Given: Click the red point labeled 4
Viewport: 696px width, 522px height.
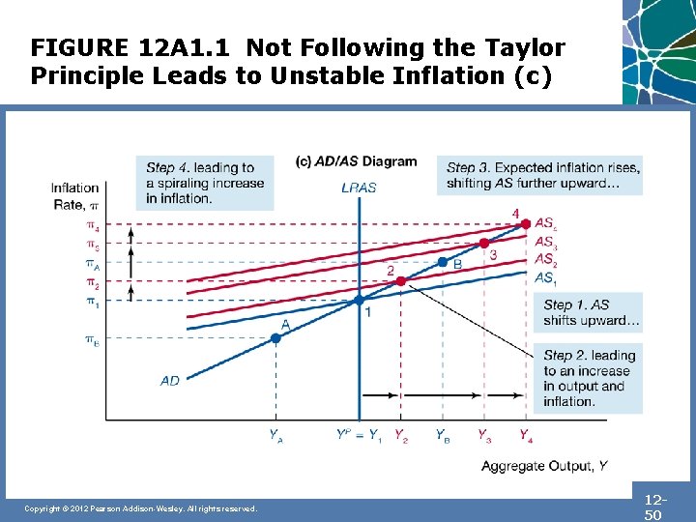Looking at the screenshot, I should click(x=526, y=223).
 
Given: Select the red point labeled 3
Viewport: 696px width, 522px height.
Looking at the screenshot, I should click(x=484, y=243).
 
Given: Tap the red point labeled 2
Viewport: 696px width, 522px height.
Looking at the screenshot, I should click(x=401, y=281).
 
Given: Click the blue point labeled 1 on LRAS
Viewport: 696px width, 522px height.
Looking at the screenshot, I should click(x=359, y=301).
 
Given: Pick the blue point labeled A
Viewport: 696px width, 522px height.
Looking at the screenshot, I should click(x=275, y=338).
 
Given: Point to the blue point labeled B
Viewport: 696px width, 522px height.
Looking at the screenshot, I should click(x=443, y=262).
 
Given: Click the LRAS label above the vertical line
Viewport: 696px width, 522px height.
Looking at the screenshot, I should click(x=359, y=188).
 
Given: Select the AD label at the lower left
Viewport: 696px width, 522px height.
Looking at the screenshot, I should click(x=170, y=381).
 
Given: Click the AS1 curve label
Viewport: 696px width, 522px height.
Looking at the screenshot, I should click(x=546, y=277).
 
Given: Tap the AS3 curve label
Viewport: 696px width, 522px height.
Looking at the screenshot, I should click(x=546, y=242).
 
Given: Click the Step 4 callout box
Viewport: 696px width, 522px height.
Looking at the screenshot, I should click(x=206, y=182).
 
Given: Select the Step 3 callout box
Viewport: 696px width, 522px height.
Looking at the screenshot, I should click(x=538, y=175).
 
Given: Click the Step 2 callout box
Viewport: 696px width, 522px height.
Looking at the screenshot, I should click(x=587, y=378).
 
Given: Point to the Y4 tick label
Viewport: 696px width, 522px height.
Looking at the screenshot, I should click(x=525, y=435).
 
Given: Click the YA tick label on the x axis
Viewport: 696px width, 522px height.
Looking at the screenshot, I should click(x=276, y=435).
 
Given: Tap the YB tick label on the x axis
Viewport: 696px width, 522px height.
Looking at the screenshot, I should click(x=442, y=435).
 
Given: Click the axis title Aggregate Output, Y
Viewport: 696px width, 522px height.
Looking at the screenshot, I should click(x=544, y=466).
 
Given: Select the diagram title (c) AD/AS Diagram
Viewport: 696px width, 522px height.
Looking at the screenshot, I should click(x=357, y=161).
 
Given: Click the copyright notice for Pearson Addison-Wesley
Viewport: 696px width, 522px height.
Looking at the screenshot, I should click(x=141, y=508).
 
